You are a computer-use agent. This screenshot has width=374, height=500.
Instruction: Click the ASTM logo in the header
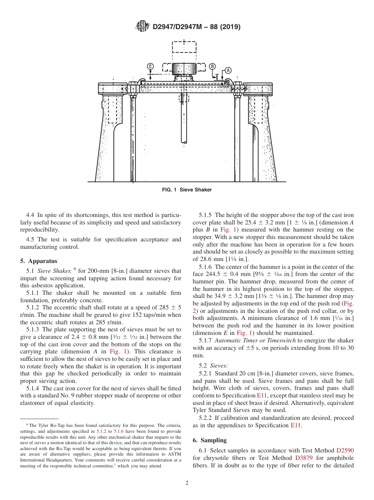[x=143, y=26]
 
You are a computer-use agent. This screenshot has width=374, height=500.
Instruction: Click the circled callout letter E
[x=150, y=66]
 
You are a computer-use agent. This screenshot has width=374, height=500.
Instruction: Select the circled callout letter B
[x=212, y=66]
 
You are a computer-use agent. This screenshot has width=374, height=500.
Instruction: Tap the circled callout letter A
[x=228, y=70]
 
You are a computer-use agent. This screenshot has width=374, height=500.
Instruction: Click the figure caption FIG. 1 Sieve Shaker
[x=187, y=190]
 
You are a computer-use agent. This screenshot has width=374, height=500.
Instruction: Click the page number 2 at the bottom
[x=187, y=483]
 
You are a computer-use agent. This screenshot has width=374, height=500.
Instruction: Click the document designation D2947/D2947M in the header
[x=177, y=27]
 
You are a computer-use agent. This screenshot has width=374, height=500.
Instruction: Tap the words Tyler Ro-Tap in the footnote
[x=46, y=425]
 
